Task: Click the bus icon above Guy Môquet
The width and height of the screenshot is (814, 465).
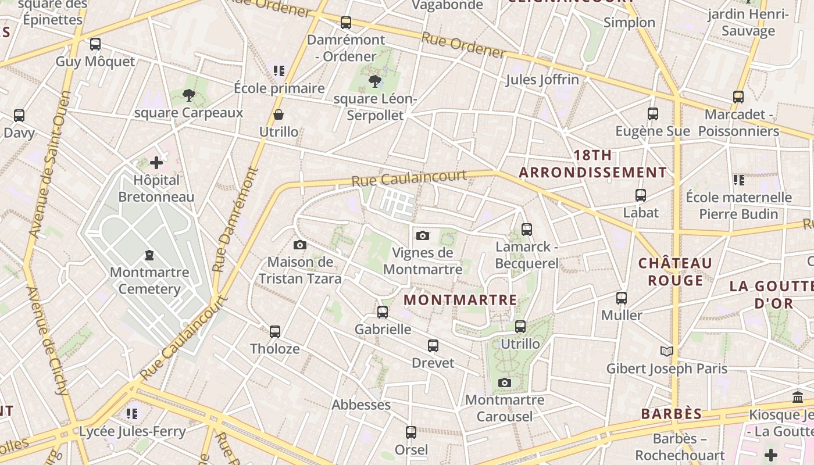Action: [x=95, y=44]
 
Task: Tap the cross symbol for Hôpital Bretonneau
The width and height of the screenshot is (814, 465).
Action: [x=156, y=163]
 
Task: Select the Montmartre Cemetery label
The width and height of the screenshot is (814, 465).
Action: [x=149, y=281]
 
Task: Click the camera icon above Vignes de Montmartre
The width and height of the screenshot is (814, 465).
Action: [x=423, y=235]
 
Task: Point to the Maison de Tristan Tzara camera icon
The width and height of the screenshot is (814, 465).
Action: [x=300, y=245]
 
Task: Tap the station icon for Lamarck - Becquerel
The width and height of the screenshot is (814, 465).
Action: [x=527, y=230]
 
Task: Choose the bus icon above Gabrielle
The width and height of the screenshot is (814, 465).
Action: [x=383, y=312]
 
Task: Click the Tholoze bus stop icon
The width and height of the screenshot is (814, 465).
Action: [x=275, y=332]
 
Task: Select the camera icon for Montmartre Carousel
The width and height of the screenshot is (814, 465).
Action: [x=505, y=382]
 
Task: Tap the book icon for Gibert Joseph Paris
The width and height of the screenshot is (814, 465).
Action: [x=667, y=351]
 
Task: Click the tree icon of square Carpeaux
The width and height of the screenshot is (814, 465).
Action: [x=188, y=95]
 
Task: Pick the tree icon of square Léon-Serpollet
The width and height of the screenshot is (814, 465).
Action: [x=375, y=81]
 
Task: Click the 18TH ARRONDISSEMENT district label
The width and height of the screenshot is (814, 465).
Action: [x=592, y=164]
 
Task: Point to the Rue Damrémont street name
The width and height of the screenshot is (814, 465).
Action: [x=235, y=220]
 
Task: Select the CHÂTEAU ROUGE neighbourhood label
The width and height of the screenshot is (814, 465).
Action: [x=675, y=271]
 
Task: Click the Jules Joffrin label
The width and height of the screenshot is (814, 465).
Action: [x=542, y=80]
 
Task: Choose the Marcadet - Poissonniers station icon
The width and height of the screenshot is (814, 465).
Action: [x=738, y=97]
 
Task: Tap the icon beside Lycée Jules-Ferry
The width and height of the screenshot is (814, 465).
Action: [x=132, y=414]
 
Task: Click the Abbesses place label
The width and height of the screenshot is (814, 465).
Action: [x=361, y=405]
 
